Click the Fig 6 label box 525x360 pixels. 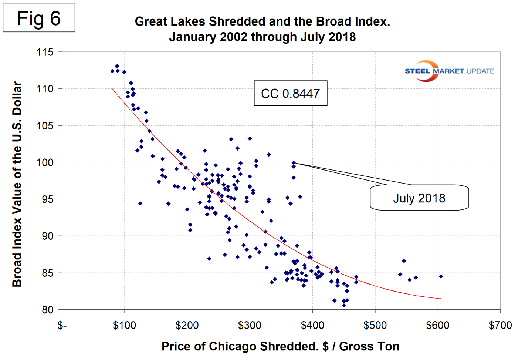(x=39, y=18)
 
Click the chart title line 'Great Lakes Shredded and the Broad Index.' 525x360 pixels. (x=262, y=21)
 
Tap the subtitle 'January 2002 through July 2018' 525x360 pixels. (x=262, y=37)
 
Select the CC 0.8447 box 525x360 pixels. (x=290, y=93)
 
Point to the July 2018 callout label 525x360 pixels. (x=419, y=198)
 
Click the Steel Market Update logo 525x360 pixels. (x=449, y=71)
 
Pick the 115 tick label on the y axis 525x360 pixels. (x=45, y=52)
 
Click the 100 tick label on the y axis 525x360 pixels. (x=45, y=162)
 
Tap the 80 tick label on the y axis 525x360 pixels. (x=47, y=310)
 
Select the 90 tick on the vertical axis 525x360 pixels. (x=47, y=236)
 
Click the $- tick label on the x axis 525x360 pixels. (x=62, y=326)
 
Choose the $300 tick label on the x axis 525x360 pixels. (x=250, y=326)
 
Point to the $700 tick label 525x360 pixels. (x=500, y=326)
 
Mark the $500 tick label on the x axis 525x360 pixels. (x=375, y=326)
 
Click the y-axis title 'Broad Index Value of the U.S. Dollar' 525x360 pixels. (x=17, y=184)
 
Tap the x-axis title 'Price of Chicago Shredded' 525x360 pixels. (x=280, y=346)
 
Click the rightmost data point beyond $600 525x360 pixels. (x=441, y=276)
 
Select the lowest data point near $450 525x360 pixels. (x=344, y=305)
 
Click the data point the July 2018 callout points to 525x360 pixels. (x=294, y=163)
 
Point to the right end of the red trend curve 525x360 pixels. (x=440, y=299)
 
